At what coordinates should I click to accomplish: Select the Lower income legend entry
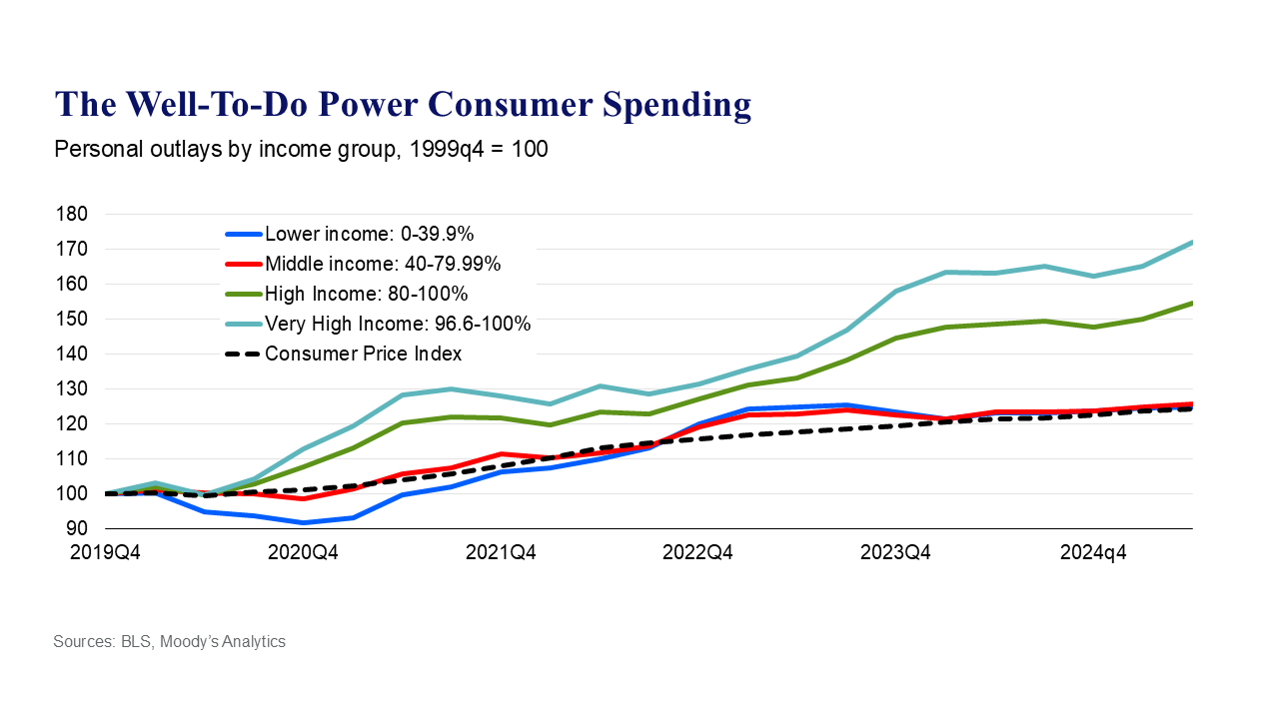[x=369, y=235]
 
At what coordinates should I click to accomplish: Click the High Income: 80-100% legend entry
[x=366, y=294]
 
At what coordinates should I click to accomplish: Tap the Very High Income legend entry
[x=397, y=324]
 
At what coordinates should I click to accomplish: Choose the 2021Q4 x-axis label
[x=501, y=551]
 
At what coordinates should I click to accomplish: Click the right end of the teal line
[x=1192, y=242]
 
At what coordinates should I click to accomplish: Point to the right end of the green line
[x=1192, y=303]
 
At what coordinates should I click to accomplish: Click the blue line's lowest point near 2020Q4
[x=303, y=522]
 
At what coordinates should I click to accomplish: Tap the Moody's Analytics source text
[x=229, y=641]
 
